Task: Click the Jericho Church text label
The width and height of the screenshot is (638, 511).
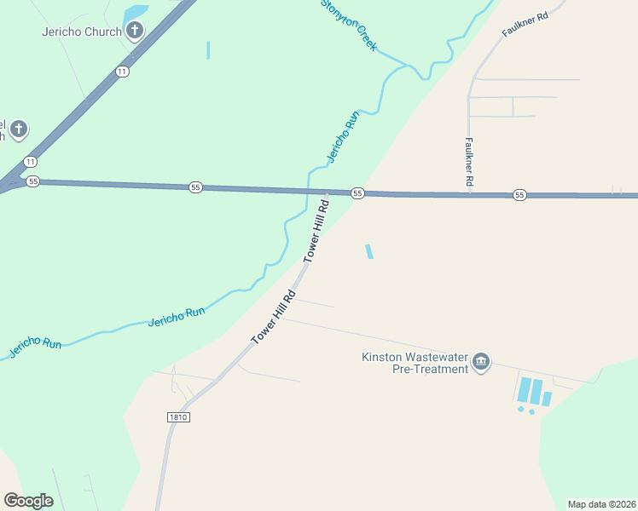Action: click(x=81, y=32)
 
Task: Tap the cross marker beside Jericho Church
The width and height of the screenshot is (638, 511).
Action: click(x=135, y=32)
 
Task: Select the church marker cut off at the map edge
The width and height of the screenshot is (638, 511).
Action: click(x=18, y=130)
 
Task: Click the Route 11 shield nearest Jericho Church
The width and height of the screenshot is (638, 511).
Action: click(x=123, y=72)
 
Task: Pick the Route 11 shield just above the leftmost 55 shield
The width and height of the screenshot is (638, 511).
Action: click(x=31, y=162)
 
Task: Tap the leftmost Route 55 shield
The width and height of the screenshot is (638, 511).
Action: click(x=33, y=181)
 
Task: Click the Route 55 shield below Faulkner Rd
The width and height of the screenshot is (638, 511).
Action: click(x=519, y=195)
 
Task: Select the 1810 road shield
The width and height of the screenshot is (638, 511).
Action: click(x=177, y=417)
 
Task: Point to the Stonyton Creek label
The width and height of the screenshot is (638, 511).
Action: click(x=348, y=25)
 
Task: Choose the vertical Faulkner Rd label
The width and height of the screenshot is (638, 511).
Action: click(x=469, y=163)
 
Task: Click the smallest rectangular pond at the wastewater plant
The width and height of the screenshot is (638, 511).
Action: click(x=547, y=399)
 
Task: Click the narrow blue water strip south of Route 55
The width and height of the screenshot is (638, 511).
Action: click(x=368, y=251)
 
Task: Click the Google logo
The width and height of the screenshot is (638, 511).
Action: click(x=28, y=500)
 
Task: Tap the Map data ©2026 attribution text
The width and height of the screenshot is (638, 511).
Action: click(x=601, y=503)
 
